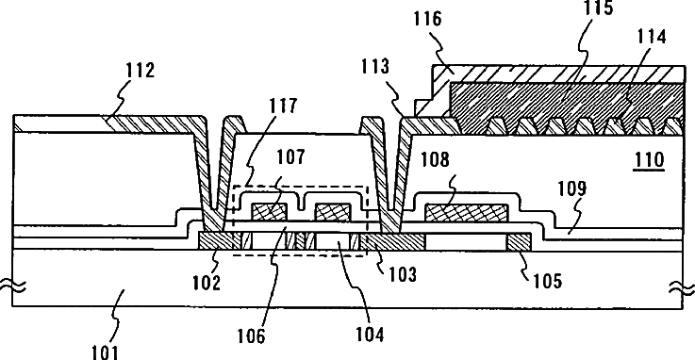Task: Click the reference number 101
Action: tap(106, 352)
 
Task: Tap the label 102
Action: tap(207, 283)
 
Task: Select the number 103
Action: tap(403, 274)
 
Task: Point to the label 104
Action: tap(370, 335)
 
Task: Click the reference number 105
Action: tap(547, 281)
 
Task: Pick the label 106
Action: tap(251, 336)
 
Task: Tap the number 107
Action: tap(290, 157)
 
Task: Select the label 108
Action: tap(435, 159)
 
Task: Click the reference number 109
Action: tap(571, 188)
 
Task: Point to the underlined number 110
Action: tap(650, 160)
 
